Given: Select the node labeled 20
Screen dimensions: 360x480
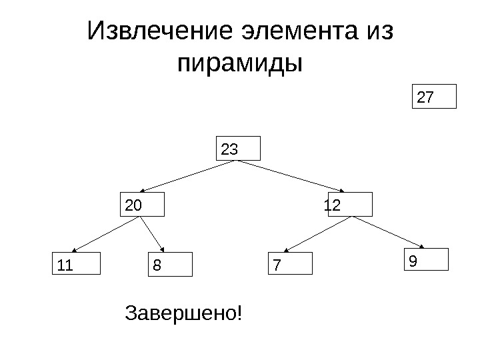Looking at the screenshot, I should pos(143,205).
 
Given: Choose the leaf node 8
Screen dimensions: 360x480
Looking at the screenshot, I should pos(169,264).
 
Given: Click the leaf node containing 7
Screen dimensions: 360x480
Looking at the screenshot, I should pos(290,264).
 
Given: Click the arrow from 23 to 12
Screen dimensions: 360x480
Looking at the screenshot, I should pos(293,177).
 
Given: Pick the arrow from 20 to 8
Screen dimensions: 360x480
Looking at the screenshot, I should pos(155,234).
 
